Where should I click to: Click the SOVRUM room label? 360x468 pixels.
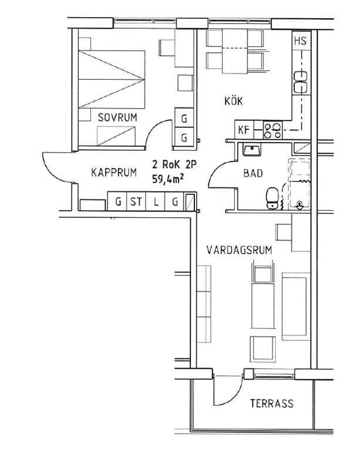coord(117,117)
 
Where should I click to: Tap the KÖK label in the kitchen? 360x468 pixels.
coord(233,101)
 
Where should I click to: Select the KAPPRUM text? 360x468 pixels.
coord(114,173)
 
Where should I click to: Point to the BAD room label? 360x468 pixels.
coord(253,173)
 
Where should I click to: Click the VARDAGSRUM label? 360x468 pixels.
coord(239,250)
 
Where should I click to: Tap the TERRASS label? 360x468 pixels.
coord(272,403)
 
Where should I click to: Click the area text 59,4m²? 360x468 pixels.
coord(167,179)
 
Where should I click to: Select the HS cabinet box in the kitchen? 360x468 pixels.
coord(301,40)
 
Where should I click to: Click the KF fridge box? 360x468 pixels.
coord(244,130)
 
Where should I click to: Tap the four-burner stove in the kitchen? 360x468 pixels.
coord(272,130)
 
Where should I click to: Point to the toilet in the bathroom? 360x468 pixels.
coord(272,198)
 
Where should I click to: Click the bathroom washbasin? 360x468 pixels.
coord(252,150)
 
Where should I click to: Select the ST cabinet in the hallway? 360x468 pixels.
coord(136,202)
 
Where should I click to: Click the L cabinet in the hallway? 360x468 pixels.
coord(156,202)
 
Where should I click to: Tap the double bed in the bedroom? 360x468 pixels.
coord(112,79)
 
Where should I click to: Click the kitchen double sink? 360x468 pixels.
coord(301,82)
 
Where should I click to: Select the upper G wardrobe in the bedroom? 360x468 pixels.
coord(184,118)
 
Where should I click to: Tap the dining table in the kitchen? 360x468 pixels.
coord(235,51)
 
